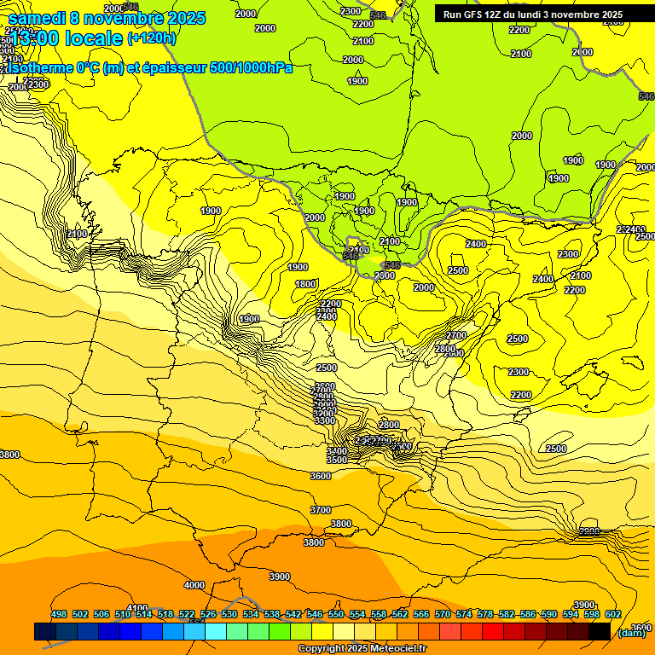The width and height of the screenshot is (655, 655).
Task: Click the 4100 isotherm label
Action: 136,608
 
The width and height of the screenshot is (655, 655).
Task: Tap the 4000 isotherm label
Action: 194,585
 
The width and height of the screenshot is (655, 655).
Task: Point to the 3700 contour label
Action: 320,510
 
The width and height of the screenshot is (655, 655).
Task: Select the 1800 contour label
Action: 305,284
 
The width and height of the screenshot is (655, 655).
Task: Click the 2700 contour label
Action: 456,335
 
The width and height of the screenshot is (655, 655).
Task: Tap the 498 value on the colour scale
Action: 59,614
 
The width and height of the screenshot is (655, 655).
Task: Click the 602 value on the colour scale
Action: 613,614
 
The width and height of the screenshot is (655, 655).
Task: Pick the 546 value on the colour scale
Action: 315,614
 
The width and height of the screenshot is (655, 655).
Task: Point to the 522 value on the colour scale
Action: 187,614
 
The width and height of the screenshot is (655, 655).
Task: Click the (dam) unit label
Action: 631,632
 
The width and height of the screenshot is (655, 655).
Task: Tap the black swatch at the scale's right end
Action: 600,631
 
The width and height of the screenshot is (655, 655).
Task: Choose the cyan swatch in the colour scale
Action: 216,631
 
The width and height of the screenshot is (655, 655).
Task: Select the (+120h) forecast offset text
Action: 152,38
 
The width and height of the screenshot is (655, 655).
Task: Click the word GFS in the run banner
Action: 475,14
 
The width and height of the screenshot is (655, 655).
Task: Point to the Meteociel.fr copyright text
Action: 392,649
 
